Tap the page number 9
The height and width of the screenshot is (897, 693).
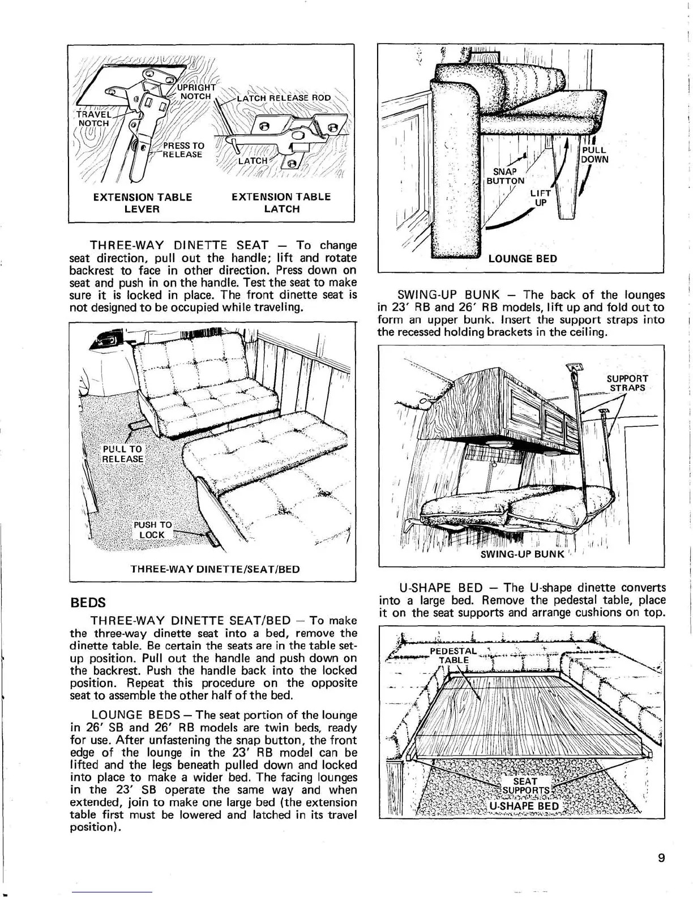[x=661, y=857]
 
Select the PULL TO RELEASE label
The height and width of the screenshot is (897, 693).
[x=122, y=454]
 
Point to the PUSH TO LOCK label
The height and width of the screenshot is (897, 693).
[x=152, y=529]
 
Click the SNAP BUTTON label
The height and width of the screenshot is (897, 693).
[x=506, y=176]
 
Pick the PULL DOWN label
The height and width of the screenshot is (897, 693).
[x=595, y=155]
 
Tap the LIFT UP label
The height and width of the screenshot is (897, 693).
[x=539, y=198]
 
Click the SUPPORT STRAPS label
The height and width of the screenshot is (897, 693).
[x=627, y=383]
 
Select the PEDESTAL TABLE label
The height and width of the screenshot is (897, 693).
[x=454, y=655]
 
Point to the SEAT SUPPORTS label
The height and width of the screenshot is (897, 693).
[x=526, y=786]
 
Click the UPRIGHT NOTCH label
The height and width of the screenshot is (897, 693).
[x=196, y=92]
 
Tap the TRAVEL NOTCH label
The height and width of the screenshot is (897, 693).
[x=93, y=118]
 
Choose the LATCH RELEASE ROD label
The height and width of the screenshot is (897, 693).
[x=284, y=97]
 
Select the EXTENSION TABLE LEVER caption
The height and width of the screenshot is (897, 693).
[x=142, y=203]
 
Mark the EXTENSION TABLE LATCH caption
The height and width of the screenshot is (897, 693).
[x=281, y=203]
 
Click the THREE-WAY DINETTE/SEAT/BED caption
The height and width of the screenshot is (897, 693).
[x=215, y=569]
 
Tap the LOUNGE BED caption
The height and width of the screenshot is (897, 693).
[x=523, y=259]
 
